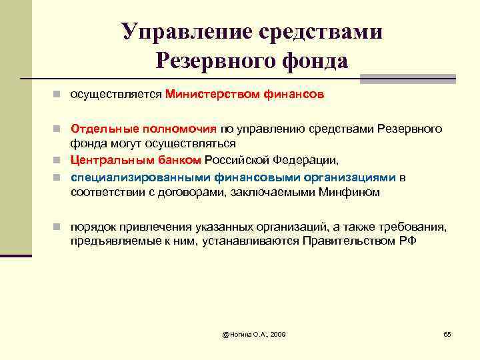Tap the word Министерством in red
[x=209, y=95]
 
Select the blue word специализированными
[x=142, y=177]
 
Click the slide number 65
[x=447, y=333]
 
